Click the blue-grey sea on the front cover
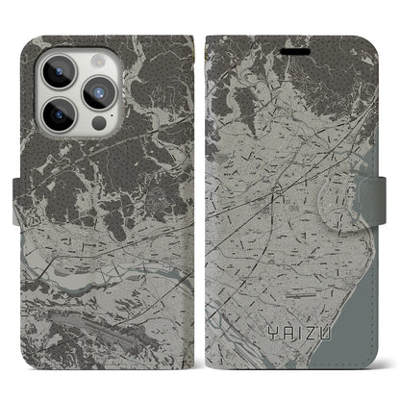click(370, 288)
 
